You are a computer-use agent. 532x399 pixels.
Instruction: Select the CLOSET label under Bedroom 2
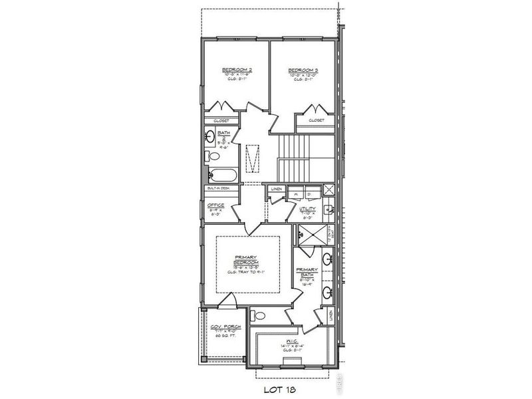[x=221, y=120]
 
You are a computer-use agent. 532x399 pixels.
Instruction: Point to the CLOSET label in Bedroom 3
[x=317, y=120]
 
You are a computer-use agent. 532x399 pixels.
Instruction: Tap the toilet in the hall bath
[x=212, y=157]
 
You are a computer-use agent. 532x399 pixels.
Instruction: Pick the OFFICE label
[x=215, y=205]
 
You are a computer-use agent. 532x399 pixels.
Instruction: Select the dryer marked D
[x=309, y=194]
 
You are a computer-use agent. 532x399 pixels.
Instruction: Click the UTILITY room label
[x=307, y=209]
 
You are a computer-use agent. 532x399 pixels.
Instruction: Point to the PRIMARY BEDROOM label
[x=247, y=260]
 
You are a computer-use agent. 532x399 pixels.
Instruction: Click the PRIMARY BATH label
[x=307, y=272]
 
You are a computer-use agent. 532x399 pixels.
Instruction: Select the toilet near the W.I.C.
[x=259, y=315]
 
